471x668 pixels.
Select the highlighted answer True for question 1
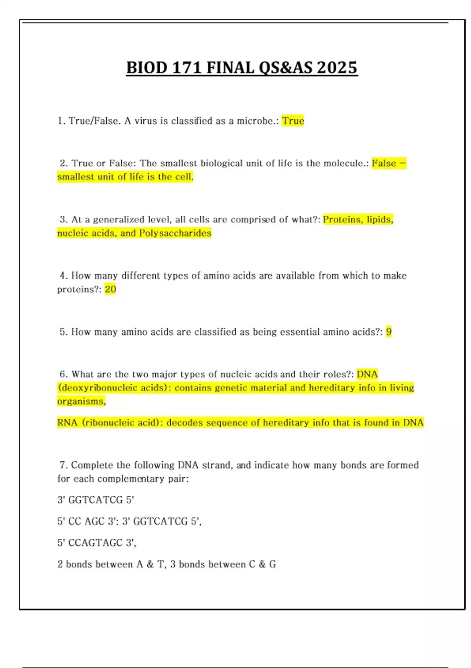coord(293,121)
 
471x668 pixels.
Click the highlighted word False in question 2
coord(384,163)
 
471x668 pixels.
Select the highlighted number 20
coord(110,290)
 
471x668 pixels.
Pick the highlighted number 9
coord(389,332)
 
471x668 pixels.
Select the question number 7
coord(63,465)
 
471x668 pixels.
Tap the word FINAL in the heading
coord(230,68)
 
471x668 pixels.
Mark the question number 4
coord(63,275)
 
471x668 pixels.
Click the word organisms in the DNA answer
coord(81,402)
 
